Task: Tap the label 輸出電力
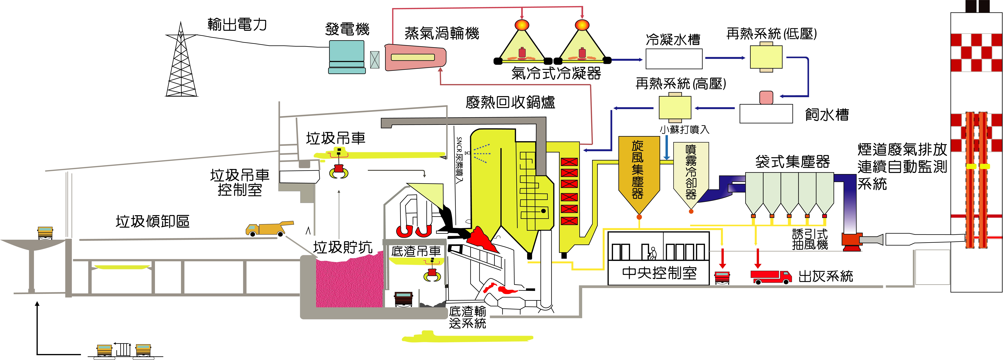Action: click(237, 25)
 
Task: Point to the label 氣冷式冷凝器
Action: click(556, 73)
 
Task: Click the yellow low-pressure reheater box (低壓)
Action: click(766, 57)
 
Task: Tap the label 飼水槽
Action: click(827, 115)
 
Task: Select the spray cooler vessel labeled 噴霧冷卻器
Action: click(691, 173)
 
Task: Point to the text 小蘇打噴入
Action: click(684, 129)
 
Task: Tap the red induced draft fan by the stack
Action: click(851, 241)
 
